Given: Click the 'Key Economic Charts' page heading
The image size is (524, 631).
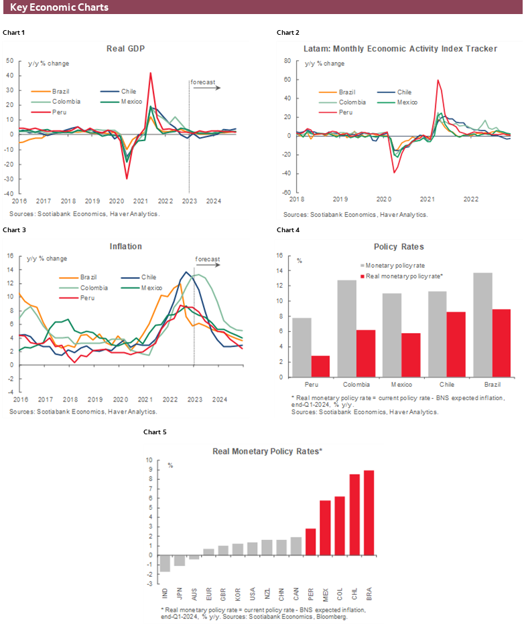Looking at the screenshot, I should pyautogui.click(x=60, y=7).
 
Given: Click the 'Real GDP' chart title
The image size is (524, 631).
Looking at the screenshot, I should pyautogui.click(x=125, y=49).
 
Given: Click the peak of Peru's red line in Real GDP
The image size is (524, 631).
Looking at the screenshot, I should pyautogui.click(x=150, y=74).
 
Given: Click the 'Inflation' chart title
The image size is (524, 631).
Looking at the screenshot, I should pyautogui.click(x=125, y=246).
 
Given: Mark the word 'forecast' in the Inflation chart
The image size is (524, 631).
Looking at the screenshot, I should pyautogui.click(x=207, y=260).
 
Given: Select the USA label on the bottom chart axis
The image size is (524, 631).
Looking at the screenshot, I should pyautogui.click(x=252, y=594).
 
